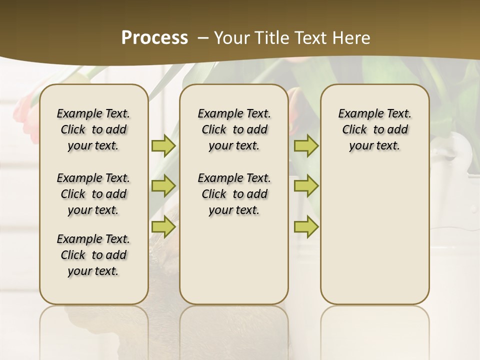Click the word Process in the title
pos(154,37)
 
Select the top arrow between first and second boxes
pos(163,145)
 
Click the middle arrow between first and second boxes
pos(163,186)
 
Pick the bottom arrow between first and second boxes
pos(163,226)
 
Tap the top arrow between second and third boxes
pos(306,145)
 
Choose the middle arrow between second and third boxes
pos(306,186)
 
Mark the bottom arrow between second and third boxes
pos(306,226)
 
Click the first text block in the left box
pos(93,129)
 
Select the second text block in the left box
pos(93,194)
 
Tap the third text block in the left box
pos(93,255)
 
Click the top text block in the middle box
pos(234,129)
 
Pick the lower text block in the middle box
pos(234,194)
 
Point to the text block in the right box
pos(374,129)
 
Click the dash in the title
pos(203,37)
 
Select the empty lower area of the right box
pos(374,235)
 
